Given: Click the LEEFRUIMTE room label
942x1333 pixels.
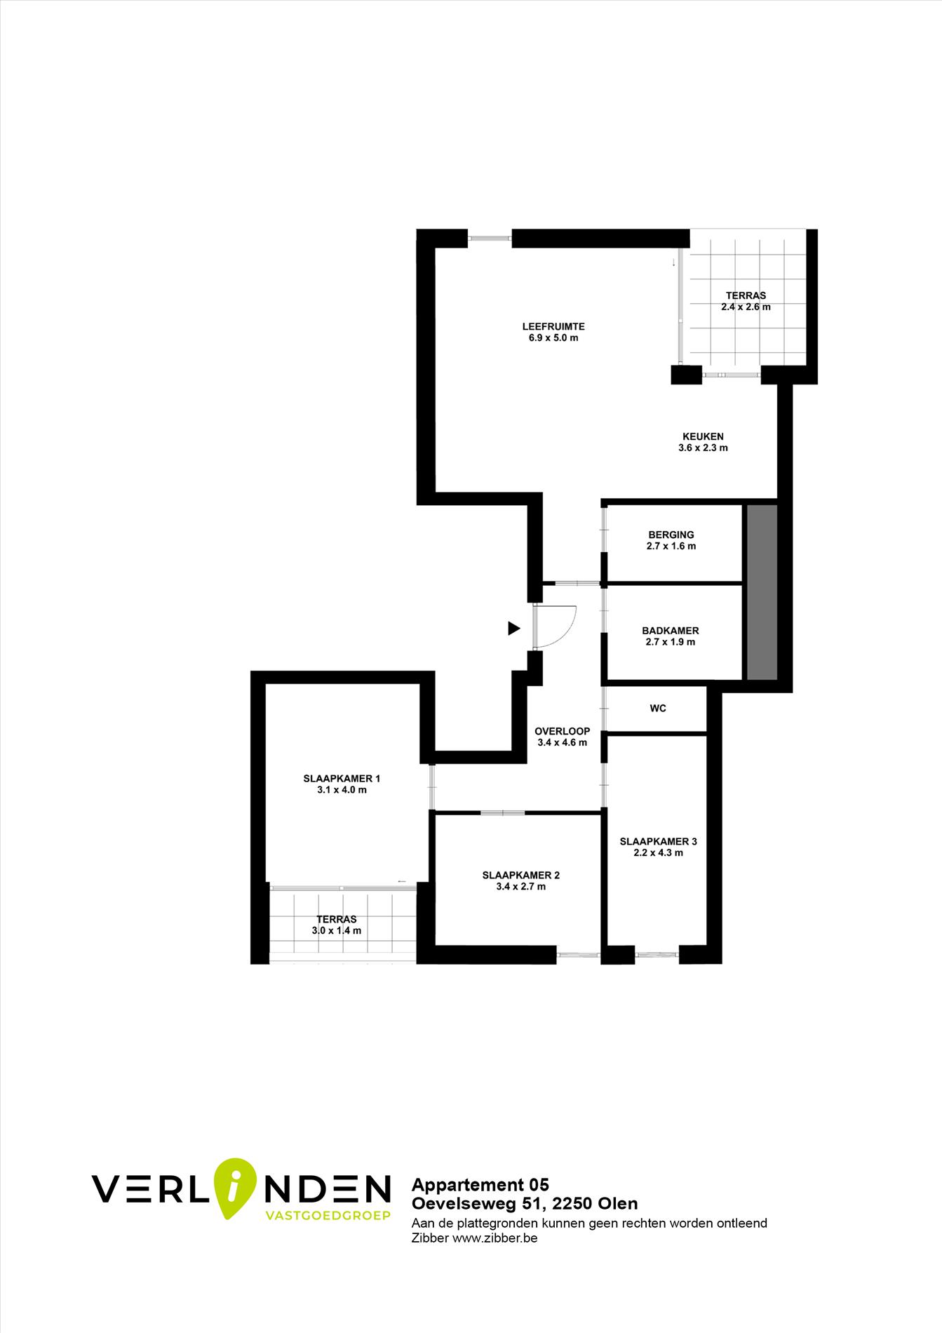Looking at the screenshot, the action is point(553,326).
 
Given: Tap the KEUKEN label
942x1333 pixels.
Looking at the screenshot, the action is point(703,436).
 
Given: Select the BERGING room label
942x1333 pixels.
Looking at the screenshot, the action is point(671,535).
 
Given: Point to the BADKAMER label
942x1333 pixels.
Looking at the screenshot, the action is point(671,631).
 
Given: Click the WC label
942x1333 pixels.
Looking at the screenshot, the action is point(658,709).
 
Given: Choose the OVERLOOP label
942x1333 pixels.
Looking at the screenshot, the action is point(563,731).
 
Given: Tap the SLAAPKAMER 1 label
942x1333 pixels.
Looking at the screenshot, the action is point(342,779).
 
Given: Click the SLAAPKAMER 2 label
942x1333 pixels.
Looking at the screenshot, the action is point(521,876).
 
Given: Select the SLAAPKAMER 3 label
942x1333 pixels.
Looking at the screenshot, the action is point(659,842).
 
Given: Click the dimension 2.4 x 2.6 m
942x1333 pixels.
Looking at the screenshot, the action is point(746,307).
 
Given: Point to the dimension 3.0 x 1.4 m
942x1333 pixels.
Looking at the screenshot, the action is point(337,931).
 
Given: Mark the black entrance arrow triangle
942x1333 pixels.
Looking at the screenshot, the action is point(514,629).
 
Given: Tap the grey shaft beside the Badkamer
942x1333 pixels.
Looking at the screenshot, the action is point(762,592).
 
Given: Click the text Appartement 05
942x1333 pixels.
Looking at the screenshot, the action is point(480,1185).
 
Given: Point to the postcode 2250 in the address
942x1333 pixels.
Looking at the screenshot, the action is point(572,1204).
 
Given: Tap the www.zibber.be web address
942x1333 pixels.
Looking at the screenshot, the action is point(495,1238).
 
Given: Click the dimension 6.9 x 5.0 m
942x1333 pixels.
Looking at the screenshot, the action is point(553,338).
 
